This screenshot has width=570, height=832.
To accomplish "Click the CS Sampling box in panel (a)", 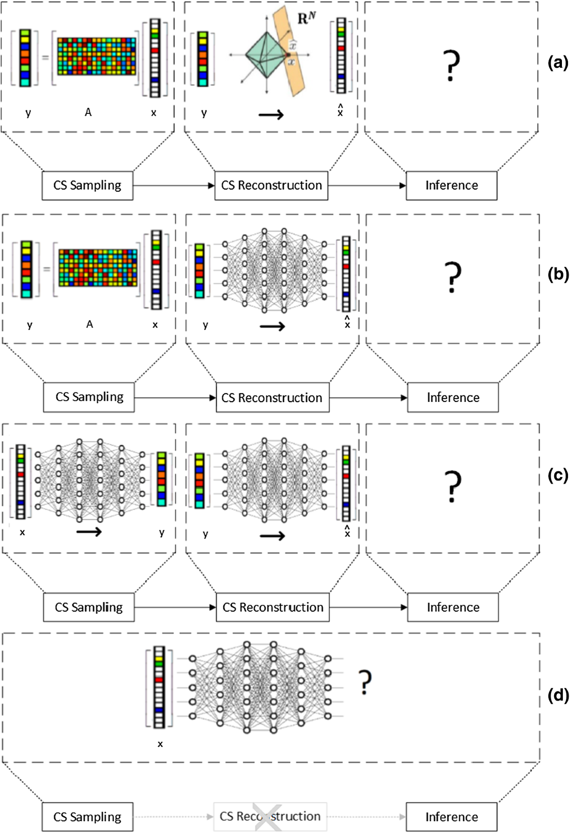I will coord(87,186).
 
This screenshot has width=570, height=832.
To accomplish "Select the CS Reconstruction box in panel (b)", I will coord(272,397).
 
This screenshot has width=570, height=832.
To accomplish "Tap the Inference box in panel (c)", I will coord(453,607).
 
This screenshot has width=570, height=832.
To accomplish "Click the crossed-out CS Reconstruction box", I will coord(270,816).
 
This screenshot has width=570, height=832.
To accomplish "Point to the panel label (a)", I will coord(557,62).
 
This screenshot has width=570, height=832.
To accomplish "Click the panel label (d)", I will coord(558,696).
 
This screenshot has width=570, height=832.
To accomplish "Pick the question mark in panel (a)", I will coord(451,65).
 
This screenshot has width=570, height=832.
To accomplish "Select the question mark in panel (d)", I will coord(365,682).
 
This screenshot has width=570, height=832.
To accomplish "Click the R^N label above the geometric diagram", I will coord(306,19).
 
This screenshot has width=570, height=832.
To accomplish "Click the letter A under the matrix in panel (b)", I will coord(90,324).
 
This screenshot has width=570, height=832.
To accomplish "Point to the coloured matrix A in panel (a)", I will coord(96,56).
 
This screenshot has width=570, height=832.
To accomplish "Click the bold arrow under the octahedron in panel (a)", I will coord(271,114).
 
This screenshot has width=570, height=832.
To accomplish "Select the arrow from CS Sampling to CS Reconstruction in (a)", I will coord(174,186).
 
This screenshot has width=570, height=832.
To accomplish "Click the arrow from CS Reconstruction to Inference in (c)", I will coord(368,607).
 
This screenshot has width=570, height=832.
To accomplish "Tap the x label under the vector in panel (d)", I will coord(160,744).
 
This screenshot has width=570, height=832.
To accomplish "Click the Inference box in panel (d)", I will coord(451,816).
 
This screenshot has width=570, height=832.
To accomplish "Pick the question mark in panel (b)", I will coord(453,277).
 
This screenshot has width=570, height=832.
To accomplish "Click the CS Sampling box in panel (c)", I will coord(89,607).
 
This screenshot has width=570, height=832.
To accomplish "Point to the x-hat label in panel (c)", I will coord(347,532).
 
